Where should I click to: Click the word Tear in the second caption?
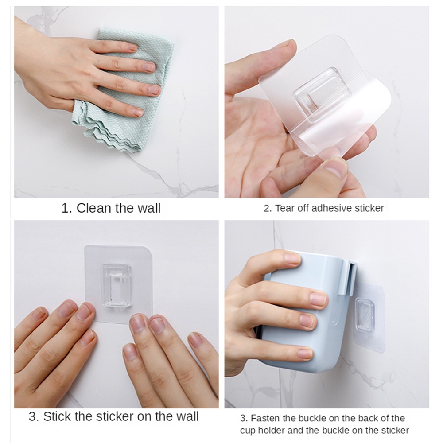[x=284, y=208]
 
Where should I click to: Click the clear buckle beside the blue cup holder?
[x=365, y=314]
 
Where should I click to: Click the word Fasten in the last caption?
[x=265, y=418]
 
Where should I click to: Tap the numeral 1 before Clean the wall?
[x=66, y=209]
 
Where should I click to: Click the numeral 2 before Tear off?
[x=267, y=209]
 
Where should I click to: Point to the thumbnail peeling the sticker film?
[x=336, y=169]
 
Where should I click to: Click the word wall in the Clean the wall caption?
[x=149, y=208]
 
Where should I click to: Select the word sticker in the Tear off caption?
[x=369, y=208]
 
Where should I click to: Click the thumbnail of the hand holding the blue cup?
[x=292, y=258]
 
